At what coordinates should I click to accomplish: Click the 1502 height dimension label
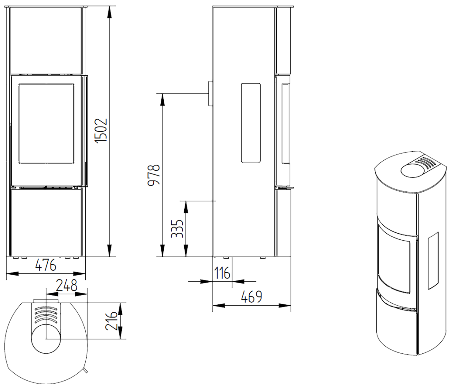point(101,131)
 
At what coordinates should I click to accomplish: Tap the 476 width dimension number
point(46,265)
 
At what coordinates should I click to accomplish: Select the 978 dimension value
point(154,175)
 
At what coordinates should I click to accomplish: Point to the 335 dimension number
point(177,228)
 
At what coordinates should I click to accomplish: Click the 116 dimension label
point(222,273)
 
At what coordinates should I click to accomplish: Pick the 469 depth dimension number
point(251,297)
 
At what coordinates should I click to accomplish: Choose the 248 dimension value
point(67,285)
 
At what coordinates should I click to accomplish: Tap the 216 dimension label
point(111,321)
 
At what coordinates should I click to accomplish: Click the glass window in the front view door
point(46,124)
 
